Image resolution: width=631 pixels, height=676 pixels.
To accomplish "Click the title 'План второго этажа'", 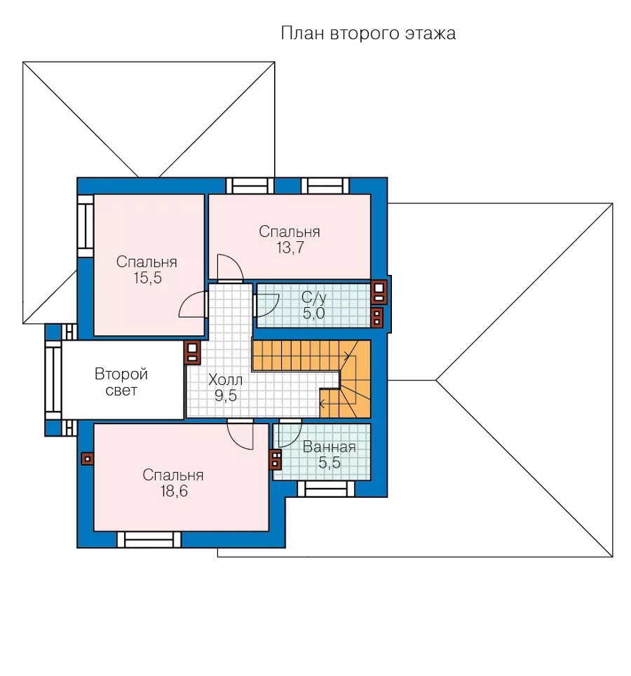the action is point(368,33).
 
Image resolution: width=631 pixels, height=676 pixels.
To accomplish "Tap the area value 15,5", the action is point(147,278).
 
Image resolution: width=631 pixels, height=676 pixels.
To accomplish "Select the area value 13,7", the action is point(290,248).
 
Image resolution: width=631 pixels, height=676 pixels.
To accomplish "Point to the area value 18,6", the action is point(174,491).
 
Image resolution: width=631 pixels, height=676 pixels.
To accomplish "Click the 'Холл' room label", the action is point(226,380).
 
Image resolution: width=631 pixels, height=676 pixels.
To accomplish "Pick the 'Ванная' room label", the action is point(330,447).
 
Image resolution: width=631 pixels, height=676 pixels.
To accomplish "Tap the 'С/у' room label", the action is point(314,297).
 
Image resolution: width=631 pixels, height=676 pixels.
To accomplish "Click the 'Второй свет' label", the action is point(121,382).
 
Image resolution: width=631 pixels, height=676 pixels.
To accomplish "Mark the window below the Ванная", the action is point(326,489).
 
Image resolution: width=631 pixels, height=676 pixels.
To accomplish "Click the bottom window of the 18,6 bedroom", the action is point(149,540).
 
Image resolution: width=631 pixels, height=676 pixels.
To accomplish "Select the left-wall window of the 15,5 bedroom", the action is point(86,227).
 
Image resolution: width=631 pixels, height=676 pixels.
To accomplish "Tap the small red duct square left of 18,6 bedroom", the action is point(88,459).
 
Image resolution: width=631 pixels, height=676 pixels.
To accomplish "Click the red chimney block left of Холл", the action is point(192,353).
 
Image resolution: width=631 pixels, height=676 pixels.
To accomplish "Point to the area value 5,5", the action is point(330,463).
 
